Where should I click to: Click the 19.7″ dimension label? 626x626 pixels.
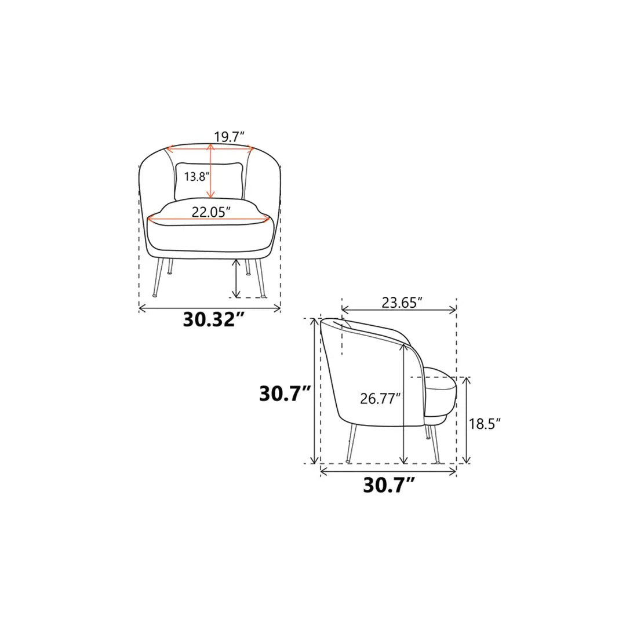(x=229, y=137)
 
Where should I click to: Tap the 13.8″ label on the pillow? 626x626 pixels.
(x=196, y=176)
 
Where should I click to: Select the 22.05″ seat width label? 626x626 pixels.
(x=211, y=212)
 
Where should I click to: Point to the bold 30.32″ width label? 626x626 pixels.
(x=213, y=319)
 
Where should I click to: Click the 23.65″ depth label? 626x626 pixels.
(x=402, y=303)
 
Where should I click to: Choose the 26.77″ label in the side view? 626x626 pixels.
(x=380, y=398)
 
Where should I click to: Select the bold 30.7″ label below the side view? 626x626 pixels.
(x=388, y=486)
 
